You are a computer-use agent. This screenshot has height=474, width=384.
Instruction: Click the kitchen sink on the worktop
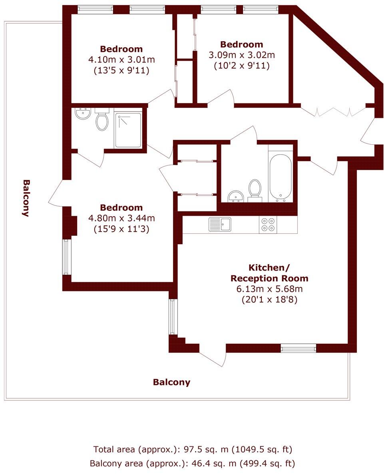click(x=220, y=224)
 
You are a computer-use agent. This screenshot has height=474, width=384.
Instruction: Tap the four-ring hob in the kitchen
click(x=268, y=225)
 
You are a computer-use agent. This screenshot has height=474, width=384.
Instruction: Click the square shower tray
click(x=128, y=130)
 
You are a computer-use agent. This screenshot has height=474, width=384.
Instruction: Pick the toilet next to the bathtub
click(x=255, y=190)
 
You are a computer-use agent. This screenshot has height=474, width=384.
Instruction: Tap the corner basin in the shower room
click(x=83, y=114)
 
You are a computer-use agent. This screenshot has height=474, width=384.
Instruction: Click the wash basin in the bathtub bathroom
click(x=236, y=196)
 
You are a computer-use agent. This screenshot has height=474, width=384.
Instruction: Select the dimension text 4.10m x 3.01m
click(x=121, y=60)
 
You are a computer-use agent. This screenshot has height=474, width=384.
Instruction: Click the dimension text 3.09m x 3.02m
click(x=242, y=55)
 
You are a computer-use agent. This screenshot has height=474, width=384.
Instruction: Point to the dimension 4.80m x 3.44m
click(x=121, y=218)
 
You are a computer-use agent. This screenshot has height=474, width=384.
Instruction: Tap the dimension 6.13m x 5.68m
click(x=269, y=289)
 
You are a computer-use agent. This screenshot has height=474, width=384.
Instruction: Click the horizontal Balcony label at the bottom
click(x=171, y=382)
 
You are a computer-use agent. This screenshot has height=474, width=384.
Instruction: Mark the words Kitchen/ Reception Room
click(x=269, y=273)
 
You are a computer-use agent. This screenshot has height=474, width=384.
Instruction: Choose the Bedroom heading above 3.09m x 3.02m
click(x=242, y=44)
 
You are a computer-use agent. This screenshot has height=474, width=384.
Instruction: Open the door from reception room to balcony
click(x=212, y=356)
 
